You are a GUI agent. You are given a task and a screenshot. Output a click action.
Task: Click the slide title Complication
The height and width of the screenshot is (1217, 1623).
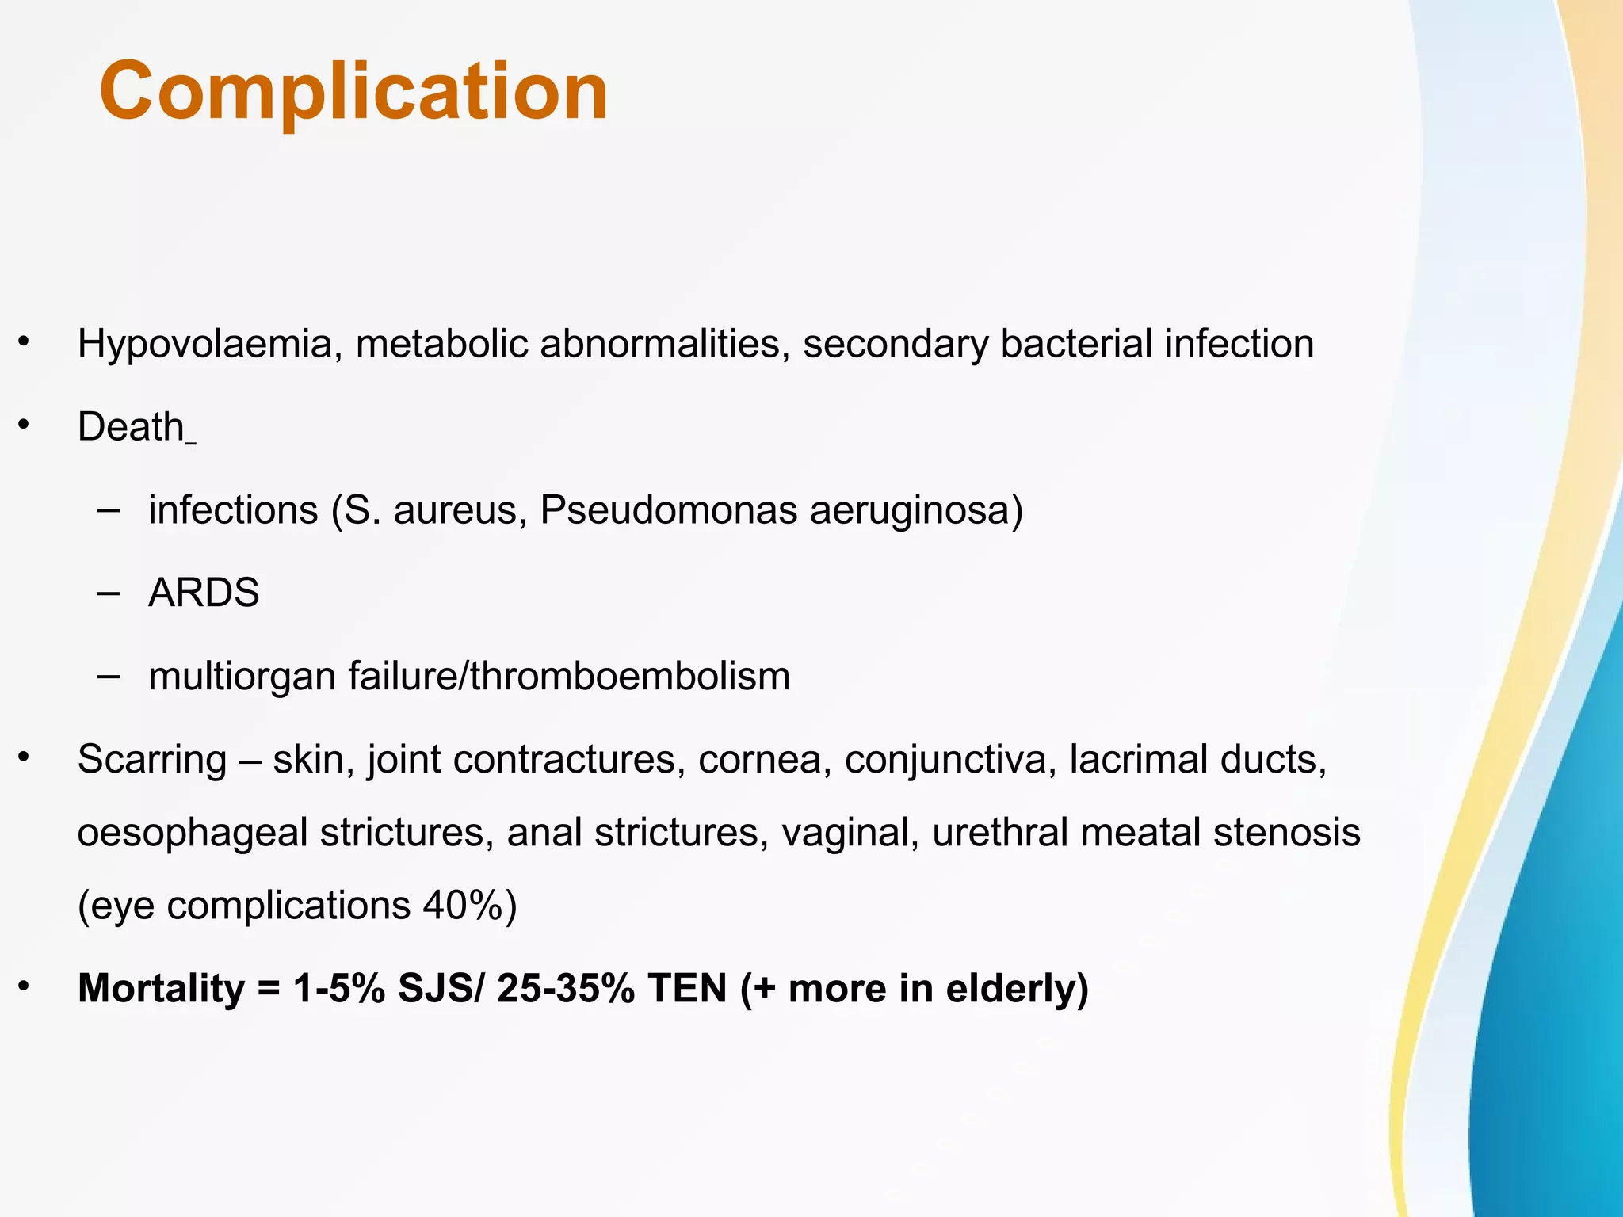pyautogui.click(x=353, y=92)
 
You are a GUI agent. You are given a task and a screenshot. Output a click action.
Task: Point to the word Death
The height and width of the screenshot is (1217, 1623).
pyautogui.click(x=131, y=427)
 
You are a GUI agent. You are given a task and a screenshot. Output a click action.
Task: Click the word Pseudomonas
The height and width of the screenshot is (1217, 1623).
pyautogui.click(x=668, y=509)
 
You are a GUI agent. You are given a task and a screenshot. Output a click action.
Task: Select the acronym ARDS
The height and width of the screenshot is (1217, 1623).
pyautogui.click(x=204, y=593)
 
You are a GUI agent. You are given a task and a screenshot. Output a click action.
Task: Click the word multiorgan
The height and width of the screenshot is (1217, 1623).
pyautogui.click(x=242, y=677)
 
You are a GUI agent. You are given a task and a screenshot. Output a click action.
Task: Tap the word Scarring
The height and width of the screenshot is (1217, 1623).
pyautogui.click(x=151, y=760)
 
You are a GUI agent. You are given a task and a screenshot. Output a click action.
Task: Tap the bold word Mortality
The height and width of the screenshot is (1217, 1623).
pyautogui.click(x=161, y=989)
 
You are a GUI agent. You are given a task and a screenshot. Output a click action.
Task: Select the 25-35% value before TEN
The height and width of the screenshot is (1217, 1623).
pyautogui.click(x=565, y=989)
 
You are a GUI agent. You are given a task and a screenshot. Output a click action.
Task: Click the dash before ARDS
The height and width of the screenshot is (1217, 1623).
pyautogui.click(x=109, y=593)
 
